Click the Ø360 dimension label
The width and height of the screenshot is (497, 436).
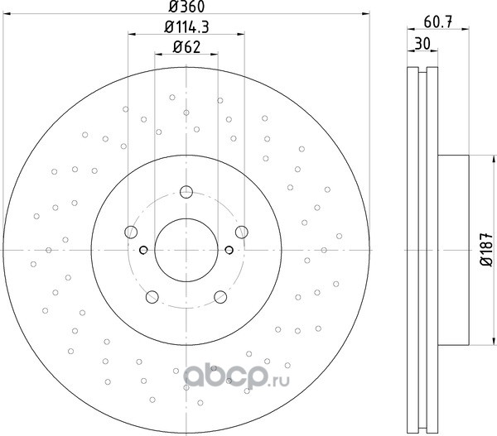point(186,7)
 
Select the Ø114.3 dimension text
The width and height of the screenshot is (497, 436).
point(186,26)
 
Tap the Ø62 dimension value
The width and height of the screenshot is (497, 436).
point(186,47)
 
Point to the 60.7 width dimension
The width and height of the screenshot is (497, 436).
point(437,22)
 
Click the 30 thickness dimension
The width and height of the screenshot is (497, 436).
point(422,44)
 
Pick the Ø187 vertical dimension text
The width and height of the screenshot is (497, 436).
point(486,250)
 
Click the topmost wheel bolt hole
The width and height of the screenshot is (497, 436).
point(186,192)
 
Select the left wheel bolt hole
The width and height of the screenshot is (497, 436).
point(131,232)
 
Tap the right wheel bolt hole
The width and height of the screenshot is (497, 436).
point(242,232)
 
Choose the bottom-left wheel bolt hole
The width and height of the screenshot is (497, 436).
point(152,297)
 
